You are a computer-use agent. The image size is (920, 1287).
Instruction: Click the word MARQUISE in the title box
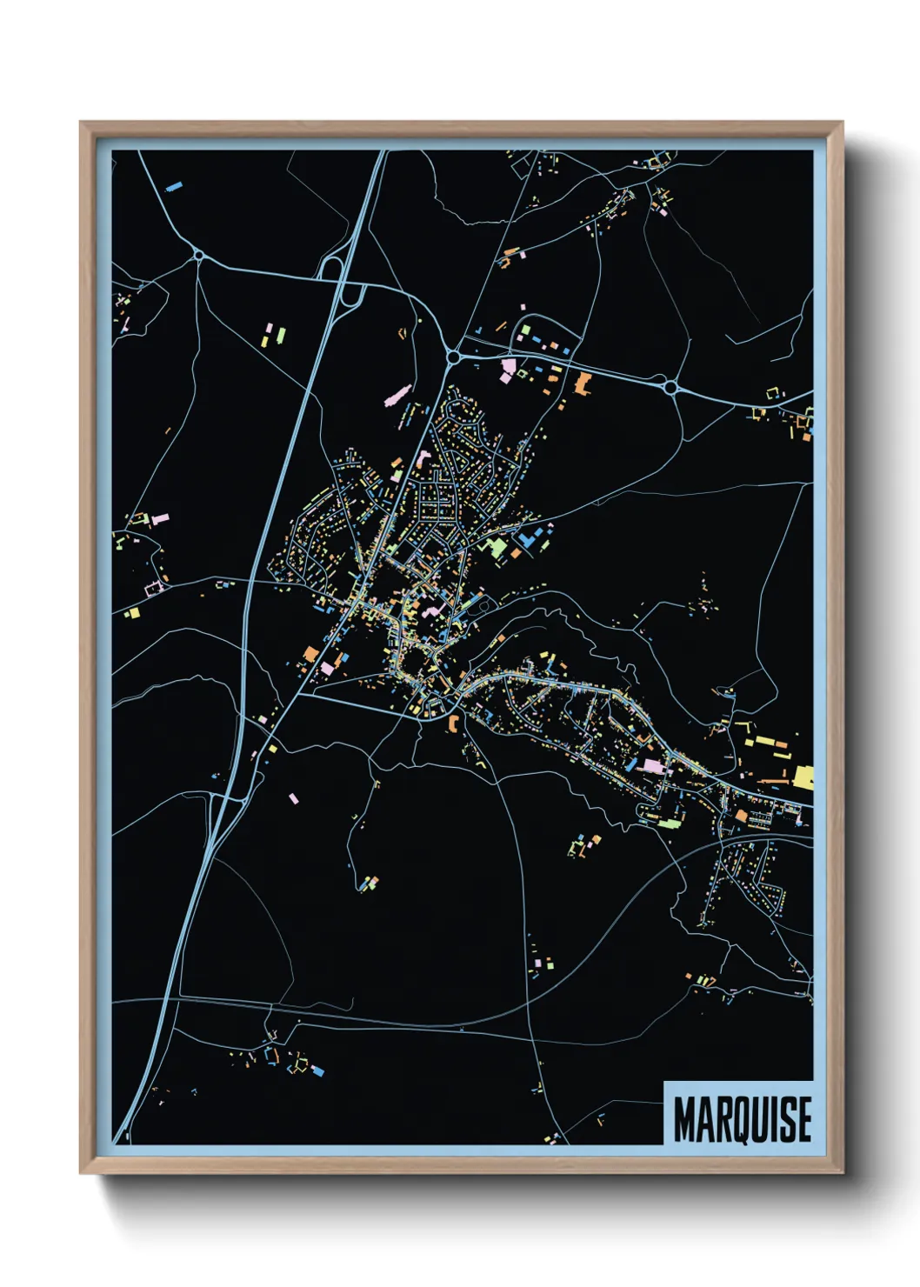click(x=742, y=1119)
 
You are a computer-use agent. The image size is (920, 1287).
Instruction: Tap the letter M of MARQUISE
click(x=685, y=1120)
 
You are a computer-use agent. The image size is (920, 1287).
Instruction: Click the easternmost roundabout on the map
click(x=670, y=387)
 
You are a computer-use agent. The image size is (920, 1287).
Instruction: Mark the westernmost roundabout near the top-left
click(x=199, y=255)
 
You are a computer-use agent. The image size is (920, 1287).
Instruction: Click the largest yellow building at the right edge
click(x=802, y=777)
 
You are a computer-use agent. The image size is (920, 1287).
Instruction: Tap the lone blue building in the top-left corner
click(x=174, y=185)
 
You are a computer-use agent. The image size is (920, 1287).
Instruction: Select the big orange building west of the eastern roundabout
click(x=582, y=383)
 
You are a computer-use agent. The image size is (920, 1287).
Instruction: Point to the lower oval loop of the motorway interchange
click(x=353, y=297)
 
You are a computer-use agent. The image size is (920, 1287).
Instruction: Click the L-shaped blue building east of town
click(x=526, y=540)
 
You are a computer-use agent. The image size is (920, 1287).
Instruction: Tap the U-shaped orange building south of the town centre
click(x=452, y=721)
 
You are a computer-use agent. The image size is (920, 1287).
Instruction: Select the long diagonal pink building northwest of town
click(x=397, y=397)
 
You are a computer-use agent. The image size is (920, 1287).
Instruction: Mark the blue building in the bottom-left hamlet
click(x=317, y=1070)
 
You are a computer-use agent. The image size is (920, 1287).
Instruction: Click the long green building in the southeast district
click(x=669, y=821)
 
